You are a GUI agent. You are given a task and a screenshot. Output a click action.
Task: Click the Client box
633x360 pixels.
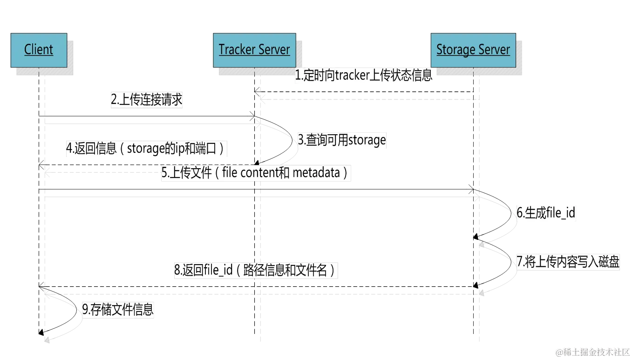(x=39, y=49)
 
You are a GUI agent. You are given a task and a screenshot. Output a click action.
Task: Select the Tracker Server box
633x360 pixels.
(x=254, y=49)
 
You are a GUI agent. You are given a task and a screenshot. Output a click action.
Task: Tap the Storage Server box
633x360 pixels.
(x=473, y=49)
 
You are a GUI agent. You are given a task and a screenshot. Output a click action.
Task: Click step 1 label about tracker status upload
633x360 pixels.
(x=364, y=75)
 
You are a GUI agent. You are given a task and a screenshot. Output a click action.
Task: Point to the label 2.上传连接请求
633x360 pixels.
(x=146, y=100)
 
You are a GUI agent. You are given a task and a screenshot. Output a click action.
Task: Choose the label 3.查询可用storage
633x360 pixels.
(x=342, y=140)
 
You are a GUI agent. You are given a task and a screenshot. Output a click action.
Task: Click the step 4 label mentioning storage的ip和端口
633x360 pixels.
(x=146, y=149)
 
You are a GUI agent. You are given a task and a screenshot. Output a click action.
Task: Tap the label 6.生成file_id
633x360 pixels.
(x=546, y=213)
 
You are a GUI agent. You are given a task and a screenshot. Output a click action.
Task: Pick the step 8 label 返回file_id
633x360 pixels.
(x=255, y=270)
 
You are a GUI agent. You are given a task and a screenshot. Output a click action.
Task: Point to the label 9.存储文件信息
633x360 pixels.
(x=118, y=310)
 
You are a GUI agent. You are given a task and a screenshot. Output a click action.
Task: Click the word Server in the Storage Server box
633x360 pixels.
(x=493, y=49)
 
